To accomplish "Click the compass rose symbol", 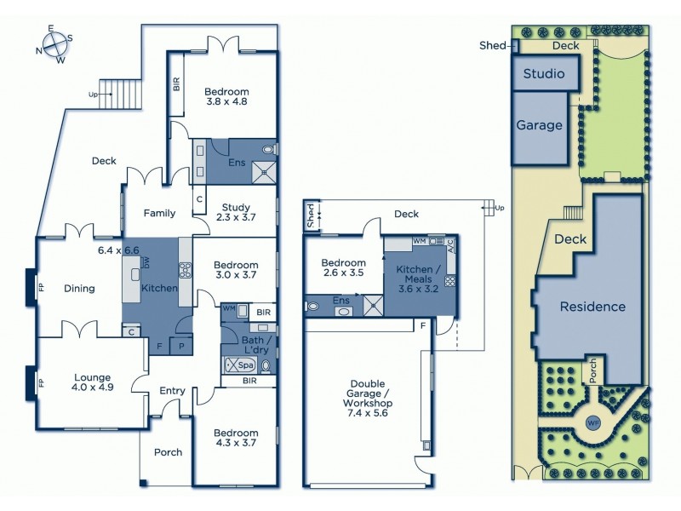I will (52, 44).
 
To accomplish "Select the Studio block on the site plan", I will (544, 73).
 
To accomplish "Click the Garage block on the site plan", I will (540, 125).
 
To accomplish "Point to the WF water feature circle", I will (593, 422).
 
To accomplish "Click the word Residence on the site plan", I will (592, 307).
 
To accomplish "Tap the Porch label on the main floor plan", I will (168, 452).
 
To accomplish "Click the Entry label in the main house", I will (172, 391).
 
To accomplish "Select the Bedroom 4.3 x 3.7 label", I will (235, 438).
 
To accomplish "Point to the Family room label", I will (159, 213).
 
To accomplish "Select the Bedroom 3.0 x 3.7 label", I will (235, 269).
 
